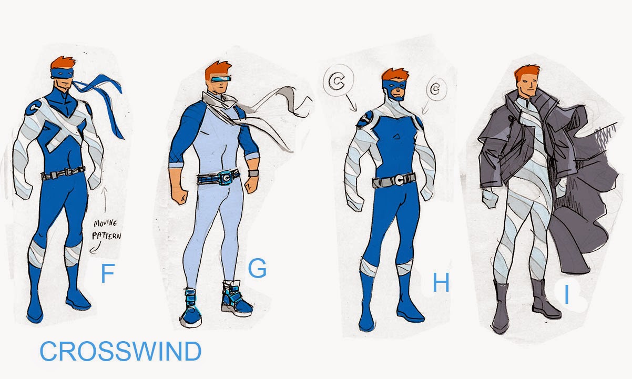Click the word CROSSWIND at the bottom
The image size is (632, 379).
pos(120,351)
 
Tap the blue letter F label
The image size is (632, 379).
pos(107,273)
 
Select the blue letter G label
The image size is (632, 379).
pos(257,268)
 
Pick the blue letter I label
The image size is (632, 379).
pos(566,295)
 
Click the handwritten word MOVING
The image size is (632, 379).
pos(105,223)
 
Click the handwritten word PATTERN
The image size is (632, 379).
pos(107,235)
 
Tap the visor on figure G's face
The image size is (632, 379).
pos(221,78)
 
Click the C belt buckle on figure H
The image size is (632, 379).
pos(399,180)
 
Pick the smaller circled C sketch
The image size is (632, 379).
pos(436,89)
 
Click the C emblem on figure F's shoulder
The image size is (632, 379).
pos(33,107)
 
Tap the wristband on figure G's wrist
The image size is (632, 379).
pos(253,173)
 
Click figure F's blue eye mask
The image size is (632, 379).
pos(63,73)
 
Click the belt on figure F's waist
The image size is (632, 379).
pos(63,172)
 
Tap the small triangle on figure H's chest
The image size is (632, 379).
pos(396,137)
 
